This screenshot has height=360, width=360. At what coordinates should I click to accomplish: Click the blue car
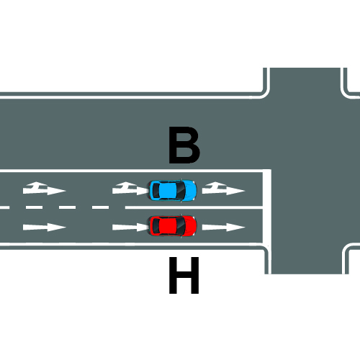173,191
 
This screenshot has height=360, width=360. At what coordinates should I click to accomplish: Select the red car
173,226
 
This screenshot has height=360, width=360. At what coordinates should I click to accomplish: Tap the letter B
184,145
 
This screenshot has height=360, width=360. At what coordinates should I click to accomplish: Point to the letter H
184,275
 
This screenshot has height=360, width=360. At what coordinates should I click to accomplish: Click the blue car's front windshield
181,191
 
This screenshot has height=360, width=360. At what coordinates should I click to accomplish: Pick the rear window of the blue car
156,191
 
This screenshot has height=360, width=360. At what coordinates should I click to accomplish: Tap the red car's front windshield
181,226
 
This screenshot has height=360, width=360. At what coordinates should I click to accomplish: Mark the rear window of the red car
156,226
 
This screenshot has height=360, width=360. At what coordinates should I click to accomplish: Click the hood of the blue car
191,191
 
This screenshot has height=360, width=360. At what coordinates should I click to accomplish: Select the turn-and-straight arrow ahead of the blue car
223,189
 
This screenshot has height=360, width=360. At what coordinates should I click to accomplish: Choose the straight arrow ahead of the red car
223,227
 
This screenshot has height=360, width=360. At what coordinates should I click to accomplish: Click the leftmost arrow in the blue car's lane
44,189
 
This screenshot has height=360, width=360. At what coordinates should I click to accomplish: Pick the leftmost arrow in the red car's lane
45,227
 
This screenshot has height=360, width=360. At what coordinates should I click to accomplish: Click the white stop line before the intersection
266,207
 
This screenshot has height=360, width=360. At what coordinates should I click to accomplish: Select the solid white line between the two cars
194,207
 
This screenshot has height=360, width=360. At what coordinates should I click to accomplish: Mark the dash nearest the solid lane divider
100,207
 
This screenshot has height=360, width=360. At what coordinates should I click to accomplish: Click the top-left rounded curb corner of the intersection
264,94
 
